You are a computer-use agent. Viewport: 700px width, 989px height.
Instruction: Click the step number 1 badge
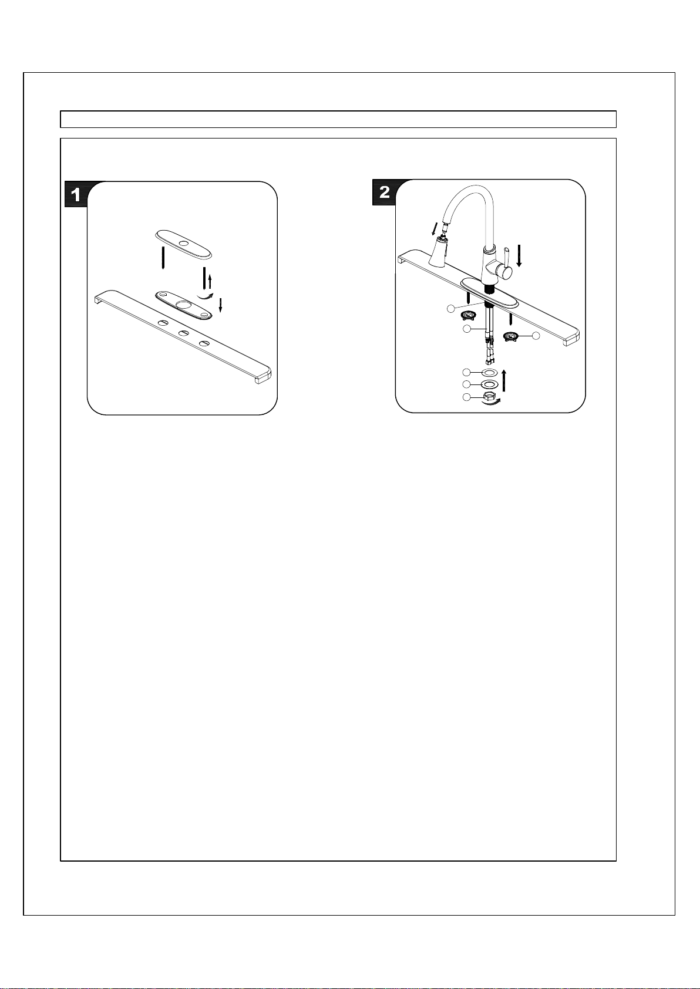(76, 195)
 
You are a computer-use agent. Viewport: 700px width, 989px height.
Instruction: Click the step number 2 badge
(384, 192)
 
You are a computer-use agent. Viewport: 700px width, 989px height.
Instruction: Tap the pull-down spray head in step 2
(437, 251)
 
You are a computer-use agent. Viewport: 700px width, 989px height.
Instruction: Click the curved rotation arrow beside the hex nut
(491, 402)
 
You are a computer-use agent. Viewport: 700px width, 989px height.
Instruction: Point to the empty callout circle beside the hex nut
(466, 397)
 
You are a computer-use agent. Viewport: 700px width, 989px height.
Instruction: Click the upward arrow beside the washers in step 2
(504, 380)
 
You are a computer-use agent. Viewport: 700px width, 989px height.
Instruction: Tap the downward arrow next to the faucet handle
(519, 256)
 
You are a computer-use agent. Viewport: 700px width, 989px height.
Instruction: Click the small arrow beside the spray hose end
(435, 228)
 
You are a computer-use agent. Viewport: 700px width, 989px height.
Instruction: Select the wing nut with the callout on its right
(511, 337)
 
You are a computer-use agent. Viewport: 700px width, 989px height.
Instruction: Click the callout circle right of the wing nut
(536, 336)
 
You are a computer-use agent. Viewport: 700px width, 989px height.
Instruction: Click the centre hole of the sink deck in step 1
(184, 333)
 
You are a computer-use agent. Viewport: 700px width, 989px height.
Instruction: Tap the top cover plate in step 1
(184, 244)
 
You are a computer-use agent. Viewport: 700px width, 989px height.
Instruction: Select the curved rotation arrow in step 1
(206, 296)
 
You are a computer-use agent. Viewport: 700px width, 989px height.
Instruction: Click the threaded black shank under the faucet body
(489, 289)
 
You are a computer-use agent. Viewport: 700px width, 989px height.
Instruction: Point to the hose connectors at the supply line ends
(489, 356)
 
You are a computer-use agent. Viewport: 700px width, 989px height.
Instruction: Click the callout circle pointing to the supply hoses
(466, 329)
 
